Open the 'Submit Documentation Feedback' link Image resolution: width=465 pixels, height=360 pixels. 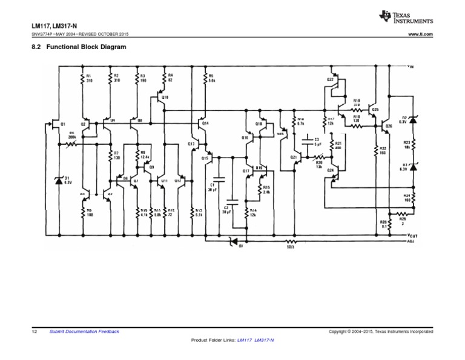[84, 332]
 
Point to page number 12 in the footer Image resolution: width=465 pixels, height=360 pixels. [34, 332]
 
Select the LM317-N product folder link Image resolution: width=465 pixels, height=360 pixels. [264, 341]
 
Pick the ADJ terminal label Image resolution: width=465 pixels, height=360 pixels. [412, 241]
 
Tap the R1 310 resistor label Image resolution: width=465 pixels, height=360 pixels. [89, 78]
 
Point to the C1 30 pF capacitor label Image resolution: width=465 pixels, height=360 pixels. [212, 187]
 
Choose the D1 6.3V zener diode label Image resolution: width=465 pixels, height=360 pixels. [68, 180]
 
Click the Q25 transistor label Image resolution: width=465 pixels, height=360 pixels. [375, 110]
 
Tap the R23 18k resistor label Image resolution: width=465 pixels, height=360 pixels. [407, 145]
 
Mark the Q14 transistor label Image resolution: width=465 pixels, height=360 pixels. [205, 123]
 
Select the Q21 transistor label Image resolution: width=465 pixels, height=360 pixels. [294, 156]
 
